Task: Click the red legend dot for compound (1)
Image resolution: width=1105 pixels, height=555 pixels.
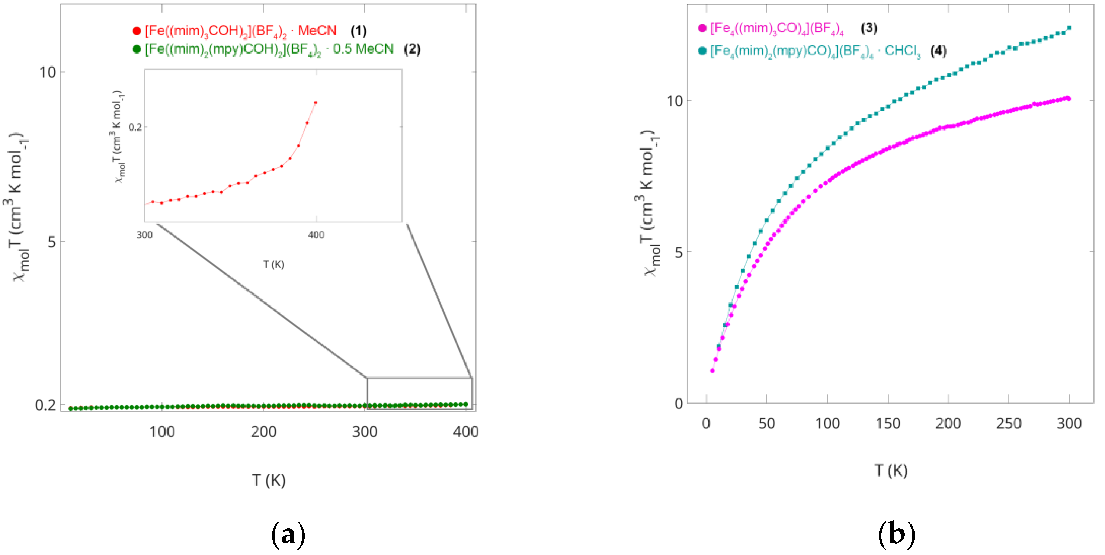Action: [x=137, y=31]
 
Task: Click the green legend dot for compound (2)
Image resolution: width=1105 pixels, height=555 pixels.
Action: [x=137, y=49]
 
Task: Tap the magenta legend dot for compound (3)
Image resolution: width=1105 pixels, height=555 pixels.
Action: [x=702, y=28]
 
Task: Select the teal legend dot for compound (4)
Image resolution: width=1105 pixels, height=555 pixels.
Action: [x=702, y=51]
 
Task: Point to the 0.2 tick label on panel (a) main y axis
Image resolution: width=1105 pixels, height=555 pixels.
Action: [x=45, y=404]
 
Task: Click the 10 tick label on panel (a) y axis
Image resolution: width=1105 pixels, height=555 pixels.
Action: [x=48, y=72]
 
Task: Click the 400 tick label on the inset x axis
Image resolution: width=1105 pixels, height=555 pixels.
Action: [x=316, y=235]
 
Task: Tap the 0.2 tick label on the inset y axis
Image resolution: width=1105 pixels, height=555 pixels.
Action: [x=135, y=127]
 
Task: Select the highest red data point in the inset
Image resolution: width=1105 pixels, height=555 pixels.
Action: [x=316, y=103]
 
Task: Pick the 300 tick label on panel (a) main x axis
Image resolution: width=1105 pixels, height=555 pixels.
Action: [x=365, y=432]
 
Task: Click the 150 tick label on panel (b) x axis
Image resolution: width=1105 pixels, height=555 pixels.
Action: [x=887, y=424]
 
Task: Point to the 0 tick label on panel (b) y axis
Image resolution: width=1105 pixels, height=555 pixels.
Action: [x=679, y=403]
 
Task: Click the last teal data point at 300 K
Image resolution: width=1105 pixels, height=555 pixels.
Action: [x=1069, y=28]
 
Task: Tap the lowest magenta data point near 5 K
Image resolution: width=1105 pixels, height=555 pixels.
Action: [x=712, y=371]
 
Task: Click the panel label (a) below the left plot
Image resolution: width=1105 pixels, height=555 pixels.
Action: [x=288, y=535]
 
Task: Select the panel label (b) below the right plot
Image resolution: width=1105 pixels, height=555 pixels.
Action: [x=897, y=535]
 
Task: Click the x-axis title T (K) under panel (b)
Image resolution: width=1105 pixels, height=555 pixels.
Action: [x=891, y=471]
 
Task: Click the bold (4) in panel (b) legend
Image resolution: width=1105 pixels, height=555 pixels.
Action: [x=938, y=51]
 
